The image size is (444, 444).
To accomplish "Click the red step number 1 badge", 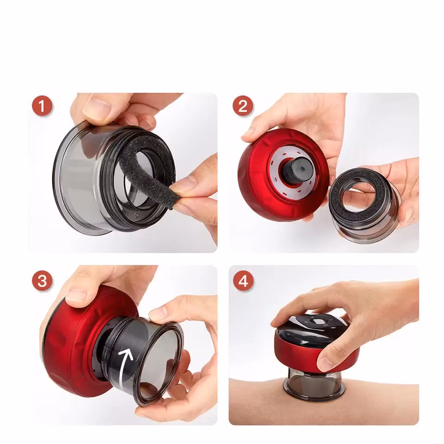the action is coord(42,106).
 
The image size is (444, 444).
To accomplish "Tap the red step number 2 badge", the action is coord(243,106).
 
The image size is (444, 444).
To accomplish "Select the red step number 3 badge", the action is coord(42,281).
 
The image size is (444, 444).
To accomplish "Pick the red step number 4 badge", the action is coord(243,281).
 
